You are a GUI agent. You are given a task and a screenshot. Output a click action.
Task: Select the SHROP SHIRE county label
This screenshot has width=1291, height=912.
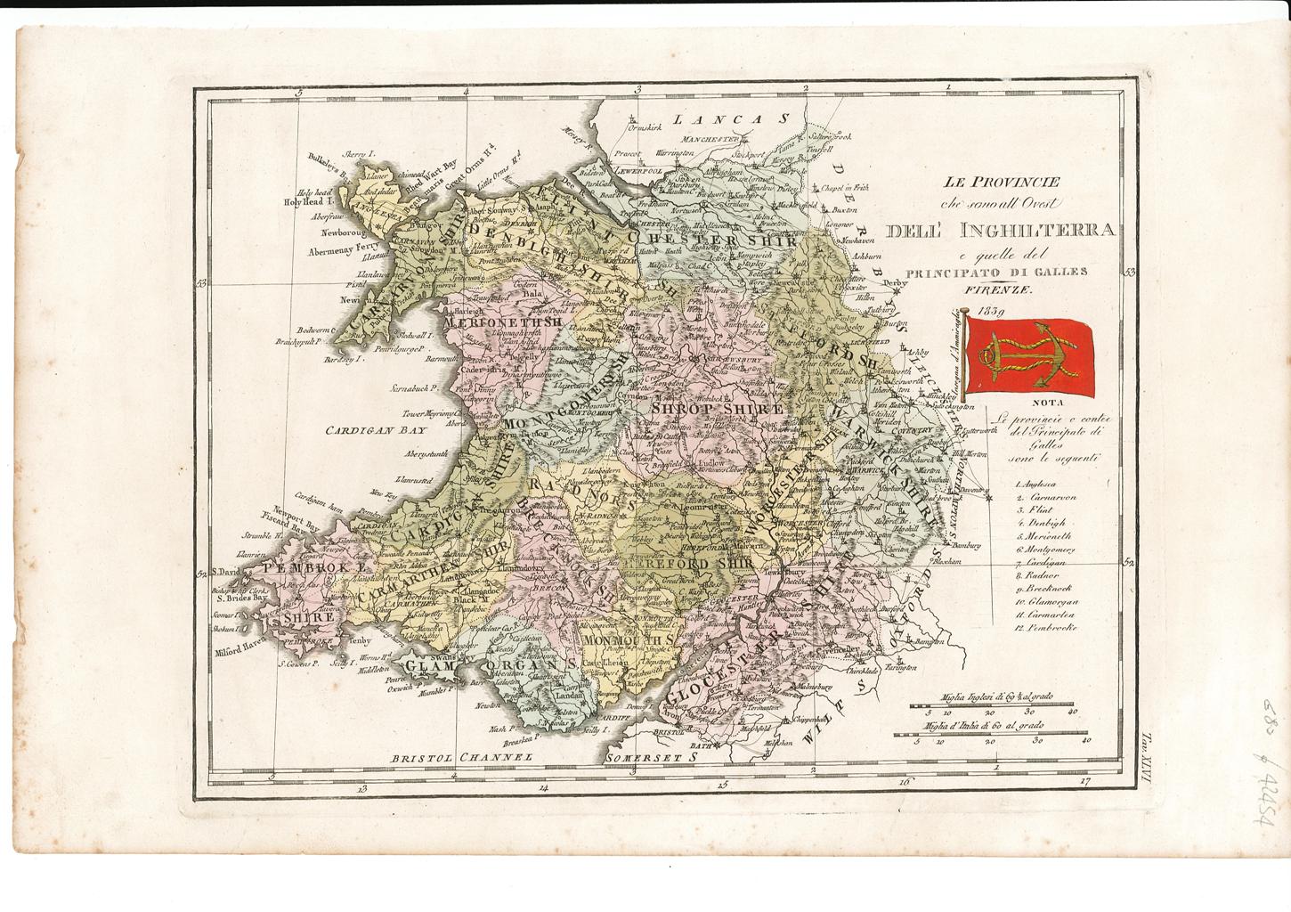717,407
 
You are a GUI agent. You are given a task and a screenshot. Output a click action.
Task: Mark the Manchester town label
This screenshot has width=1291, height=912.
710,139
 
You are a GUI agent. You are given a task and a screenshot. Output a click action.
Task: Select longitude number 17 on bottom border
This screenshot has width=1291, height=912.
1084,784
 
